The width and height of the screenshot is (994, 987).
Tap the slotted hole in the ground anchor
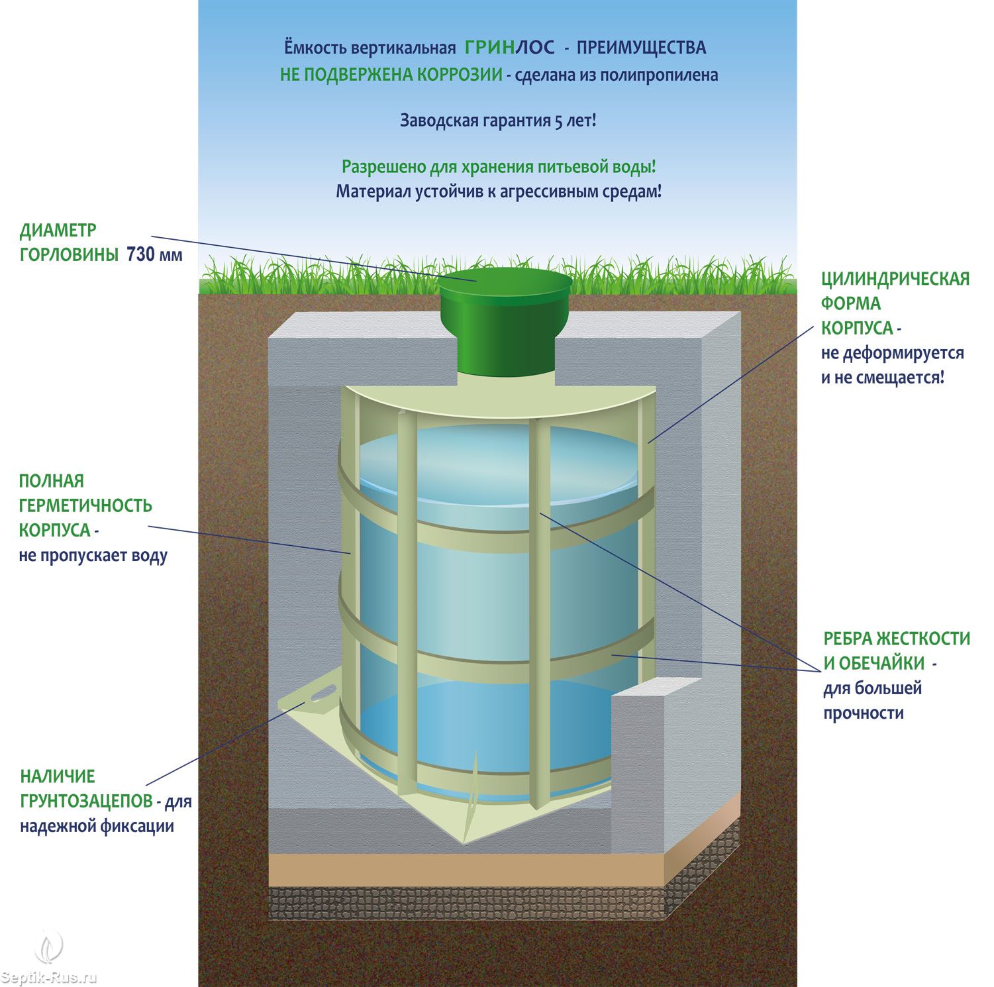click(321, 694)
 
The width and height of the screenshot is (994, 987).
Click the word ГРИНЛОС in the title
click(509, 48)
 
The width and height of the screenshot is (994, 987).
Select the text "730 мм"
click(154, 254)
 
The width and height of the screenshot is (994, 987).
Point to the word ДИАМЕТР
click(58, 231)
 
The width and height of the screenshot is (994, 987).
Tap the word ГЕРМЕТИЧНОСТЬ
click(85, 505)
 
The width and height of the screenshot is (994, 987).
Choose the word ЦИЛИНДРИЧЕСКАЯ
click(895, 279)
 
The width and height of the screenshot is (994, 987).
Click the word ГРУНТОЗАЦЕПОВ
click(86, 802)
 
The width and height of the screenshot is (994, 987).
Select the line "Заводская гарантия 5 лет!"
click(498, 121)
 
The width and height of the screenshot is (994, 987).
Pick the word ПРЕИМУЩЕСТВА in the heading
click(641, 48)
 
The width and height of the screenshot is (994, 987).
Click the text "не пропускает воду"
click(93, 555)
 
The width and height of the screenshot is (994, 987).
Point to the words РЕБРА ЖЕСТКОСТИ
click(897, 639)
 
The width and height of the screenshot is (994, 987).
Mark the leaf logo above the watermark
click(50, 947)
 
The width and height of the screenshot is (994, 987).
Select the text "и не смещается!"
click(883, 378)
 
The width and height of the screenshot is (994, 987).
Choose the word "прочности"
click(864, 713)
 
